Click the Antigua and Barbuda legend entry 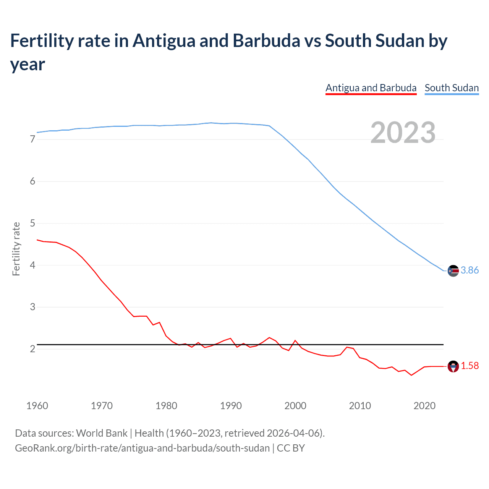(x=371, y=88)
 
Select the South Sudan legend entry (x=452, y=88)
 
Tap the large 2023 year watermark (x=403, y=132)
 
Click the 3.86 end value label (x=470, y=270)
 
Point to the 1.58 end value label (x=470, y=366)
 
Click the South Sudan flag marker (x=453, y=270)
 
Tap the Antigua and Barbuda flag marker (x=453, y=366)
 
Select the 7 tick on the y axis (x=32, y=139)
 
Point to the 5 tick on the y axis (x=32, y=223)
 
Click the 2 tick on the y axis (x=32, y=349)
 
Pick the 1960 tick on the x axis (x=37, y=406)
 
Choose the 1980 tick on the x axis (x=166, y=406)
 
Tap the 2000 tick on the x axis (x=295, y=406)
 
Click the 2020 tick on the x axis (x=424, y=406)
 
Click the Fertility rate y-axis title (x=16, y=249)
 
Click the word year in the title (x=28, y=64)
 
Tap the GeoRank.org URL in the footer (x=142, y=448)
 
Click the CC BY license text (x=291, y=448)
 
